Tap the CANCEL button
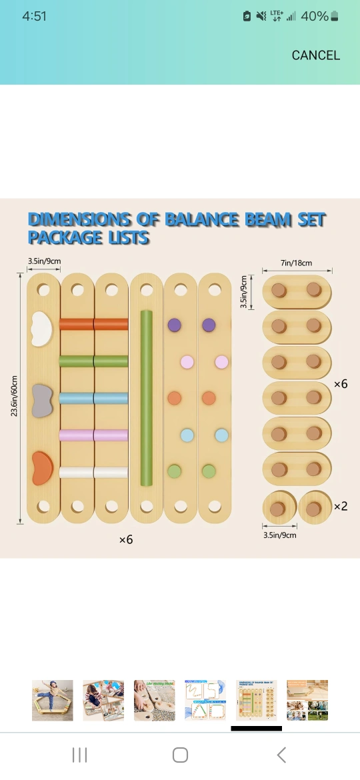pos(316,55)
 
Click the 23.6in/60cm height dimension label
pos(15,396)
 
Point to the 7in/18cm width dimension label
pos(297,263)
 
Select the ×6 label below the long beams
pos(126,540)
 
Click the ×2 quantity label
pos(341,507)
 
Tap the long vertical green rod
pos(146,398)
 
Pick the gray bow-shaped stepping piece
pos(42,401)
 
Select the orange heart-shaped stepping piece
pos(42,469)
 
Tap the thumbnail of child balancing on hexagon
pos(52,701)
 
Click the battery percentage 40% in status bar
pos(315,16)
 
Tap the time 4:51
pos(34,16)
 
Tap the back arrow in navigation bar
pos(281,755)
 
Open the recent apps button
pos(79,755)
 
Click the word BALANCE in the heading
pos(197,219)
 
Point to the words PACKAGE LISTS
pos(89,238)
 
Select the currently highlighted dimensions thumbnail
pos(256,701)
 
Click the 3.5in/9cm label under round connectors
pos(279,535)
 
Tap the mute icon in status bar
pos(261,17)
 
